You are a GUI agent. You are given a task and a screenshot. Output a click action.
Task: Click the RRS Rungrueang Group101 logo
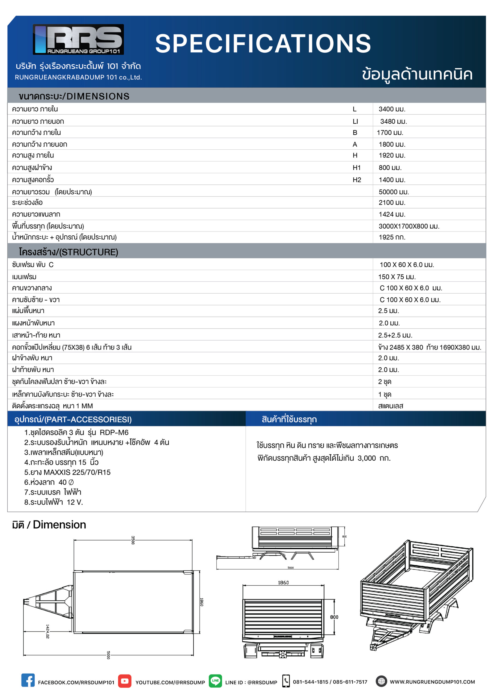click(78, 39)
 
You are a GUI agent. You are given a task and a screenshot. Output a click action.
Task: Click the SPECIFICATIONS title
click(263, 43)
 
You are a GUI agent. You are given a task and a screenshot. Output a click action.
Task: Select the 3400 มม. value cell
click(392, 109)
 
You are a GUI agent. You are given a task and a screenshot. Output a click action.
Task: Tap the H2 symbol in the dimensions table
click(356, 180)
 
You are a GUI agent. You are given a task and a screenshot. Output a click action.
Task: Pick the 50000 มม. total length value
click(394, 192)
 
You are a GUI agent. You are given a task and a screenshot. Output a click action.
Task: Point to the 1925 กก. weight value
click(392, 237)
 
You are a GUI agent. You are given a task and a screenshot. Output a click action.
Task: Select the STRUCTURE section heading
click(69, 252)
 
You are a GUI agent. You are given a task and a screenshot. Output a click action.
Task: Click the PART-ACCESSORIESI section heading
click(73, 419)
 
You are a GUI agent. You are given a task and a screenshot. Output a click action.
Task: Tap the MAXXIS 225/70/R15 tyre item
click(67, 472)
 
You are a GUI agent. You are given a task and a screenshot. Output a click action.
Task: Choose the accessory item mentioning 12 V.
click(53, 502)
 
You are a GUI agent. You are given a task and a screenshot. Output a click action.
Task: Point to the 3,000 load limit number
click(367, 458)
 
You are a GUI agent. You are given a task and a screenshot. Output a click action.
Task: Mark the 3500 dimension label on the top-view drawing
click(133, 540)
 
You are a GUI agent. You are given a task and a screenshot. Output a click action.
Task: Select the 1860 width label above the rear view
click(283, 582)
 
